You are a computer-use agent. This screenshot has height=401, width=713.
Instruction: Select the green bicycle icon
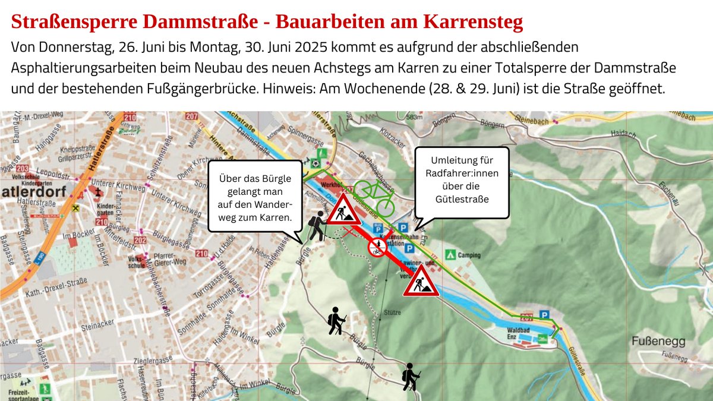click(x=374, y=197)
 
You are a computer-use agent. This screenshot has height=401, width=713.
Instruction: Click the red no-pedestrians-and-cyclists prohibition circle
click(x=376, y=248)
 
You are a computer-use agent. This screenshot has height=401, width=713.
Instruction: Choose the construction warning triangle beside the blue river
click(x=421, y=281)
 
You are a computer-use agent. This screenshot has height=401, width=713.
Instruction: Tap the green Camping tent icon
click(x=451, y=255)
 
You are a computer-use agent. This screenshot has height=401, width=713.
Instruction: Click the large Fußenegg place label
click(x=659, y=342)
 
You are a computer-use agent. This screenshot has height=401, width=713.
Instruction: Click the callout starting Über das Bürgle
click(x=255, y=196)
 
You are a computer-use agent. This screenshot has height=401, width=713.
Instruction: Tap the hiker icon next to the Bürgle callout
click(x=317, y=226)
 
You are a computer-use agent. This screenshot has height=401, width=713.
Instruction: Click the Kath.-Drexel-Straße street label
click(x=52, y=294)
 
